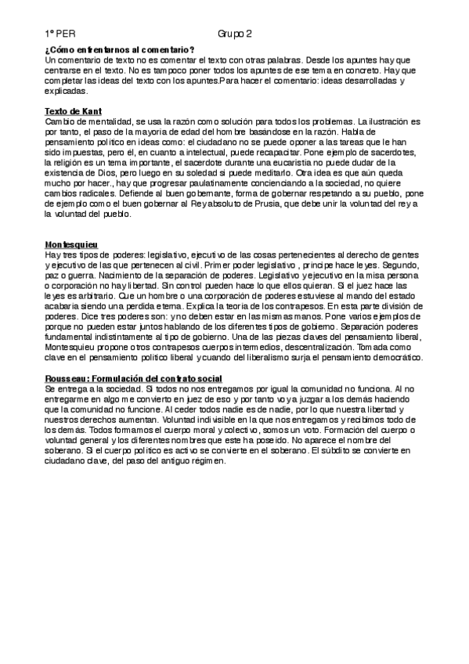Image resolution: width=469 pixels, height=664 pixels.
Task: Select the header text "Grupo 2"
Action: [x=235, y=36]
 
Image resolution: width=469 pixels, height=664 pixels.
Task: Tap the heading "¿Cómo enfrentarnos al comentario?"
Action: [x=120, y=51]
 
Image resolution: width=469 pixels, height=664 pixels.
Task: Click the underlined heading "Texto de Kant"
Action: [x=74, y=112]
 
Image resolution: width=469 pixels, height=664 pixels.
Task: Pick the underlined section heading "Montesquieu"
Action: [x=70, y=245]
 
